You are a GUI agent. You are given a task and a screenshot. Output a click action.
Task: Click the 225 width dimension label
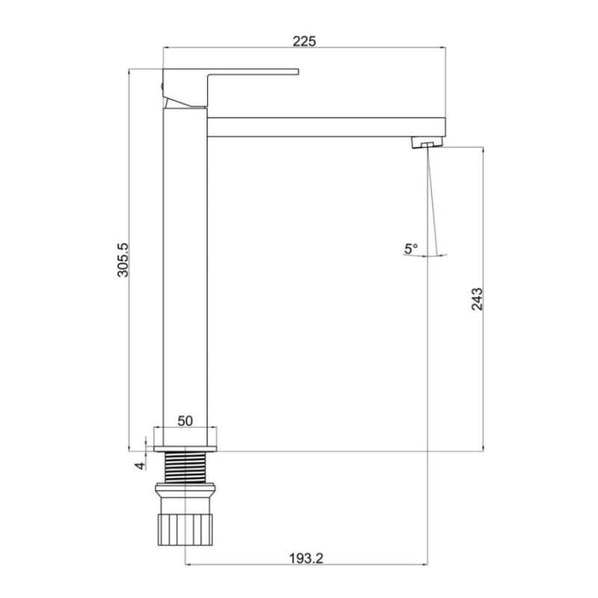point(304,41)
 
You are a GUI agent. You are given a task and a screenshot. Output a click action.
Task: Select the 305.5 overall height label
point(123,259)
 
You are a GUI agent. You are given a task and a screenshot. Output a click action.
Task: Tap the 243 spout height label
point(477,299)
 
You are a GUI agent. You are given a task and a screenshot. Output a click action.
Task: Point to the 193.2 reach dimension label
point(306,558)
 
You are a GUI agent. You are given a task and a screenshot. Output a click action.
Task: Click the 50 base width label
point(185,421)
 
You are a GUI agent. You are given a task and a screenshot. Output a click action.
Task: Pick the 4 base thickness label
point(141,466)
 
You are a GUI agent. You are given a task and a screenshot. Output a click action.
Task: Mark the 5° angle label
point(411,249)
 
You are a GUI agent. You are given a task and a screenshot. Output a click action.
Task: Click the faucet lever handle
point(230,87)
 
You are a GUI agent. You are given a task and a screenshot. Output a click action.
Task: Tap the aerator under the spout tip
point(428,143)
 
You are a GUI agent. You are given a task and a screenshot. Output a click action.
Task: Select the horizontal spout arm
point(327,127)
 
